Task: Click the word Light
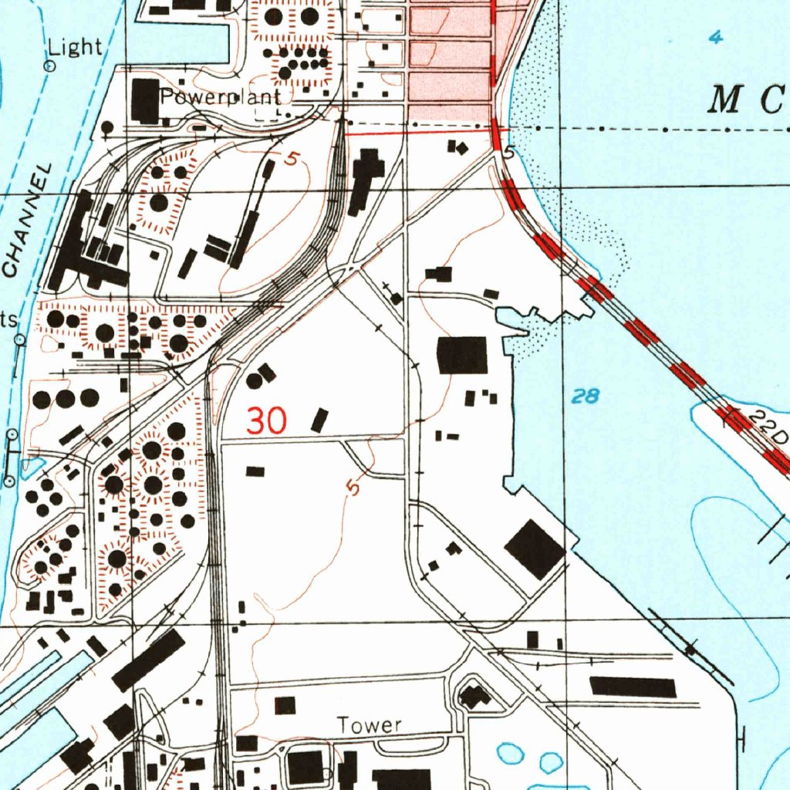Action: click(x=75, y=48)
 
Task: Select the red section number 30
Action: click(x=267, y=421)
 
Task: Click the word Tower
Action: click(x=370, y=725)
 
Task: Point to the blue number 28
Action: click(x=586, y=397)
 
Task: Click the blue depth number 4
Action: click(x=716, y=37)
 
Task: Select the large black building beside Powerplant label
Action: click(x=145, y=100)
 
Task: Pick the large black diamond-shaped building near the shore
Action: click(x=534, y=549)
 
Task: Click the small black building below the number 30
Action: click(x=255, y=471)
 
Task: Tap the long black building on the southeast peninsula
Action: click(x=633, y=687)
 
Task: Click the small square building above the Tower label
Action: click(x=285, y=704)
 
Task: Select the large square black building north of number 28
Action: click(x=462, y=355)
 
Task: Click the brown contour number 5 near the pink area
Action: click(x=291, y=160)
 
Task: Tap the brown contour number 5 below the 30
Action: click(x=353, y=488)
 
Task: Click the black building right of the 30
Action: click(x=319, y=420)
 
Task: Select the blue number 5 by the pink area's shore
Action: click(x=508, y=154)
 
